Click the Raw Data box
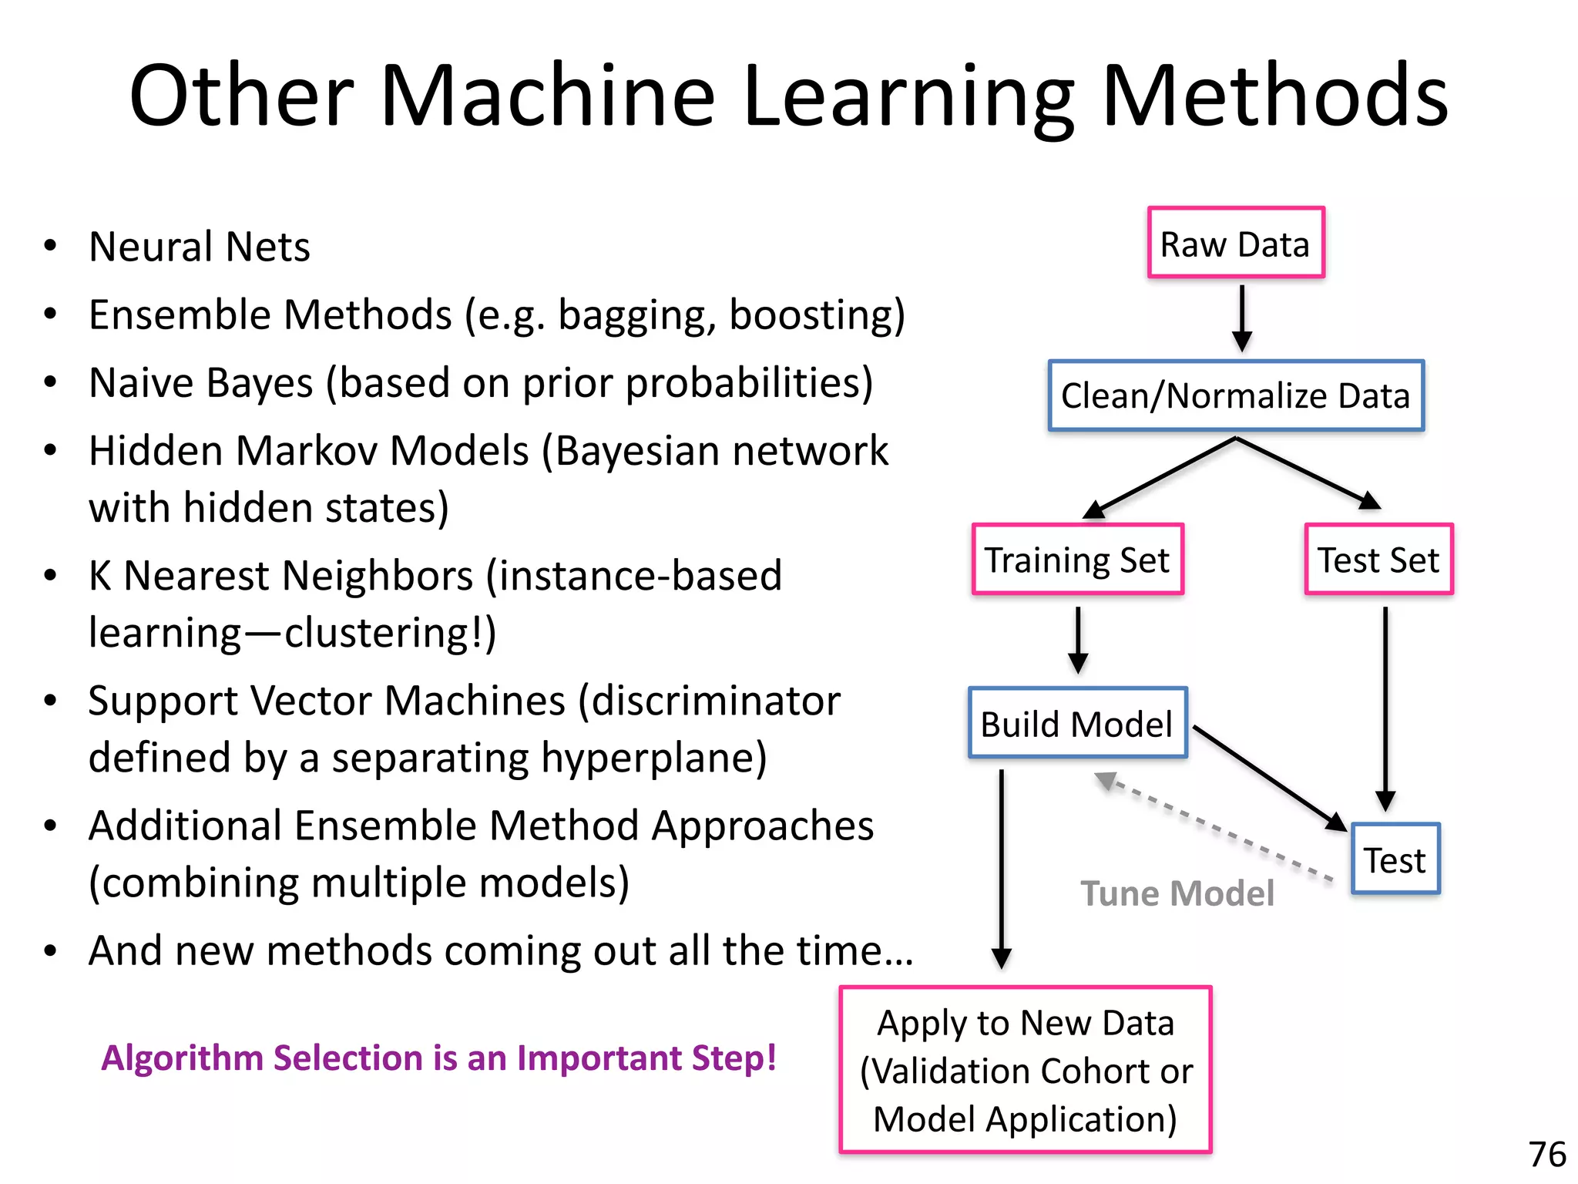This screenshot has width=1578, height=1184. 1236,243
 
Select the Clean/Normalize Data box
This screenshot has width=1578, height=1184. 1236,395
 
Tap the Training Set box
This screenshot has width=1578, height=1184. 1078,560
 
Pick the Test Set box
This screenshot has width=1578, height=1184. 1378,560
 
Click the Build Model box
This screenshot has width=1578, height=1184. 1077,724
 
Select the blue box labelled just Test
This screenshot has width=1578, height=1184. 1395,859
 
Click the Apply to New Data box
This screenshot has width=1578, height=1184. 1026,1070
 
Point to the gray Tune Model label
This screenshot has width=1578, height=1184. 1177,893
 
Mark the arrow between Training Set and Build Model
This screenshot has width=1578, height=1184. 1078,640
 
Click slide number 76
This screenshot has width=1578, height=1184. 1546,1155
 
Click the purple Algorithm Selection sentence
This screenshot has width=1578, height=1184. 438,1058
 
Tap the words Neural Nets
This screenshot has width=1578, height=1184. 199,247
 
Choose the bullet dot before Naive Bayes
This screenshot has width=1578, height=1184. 51,382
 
